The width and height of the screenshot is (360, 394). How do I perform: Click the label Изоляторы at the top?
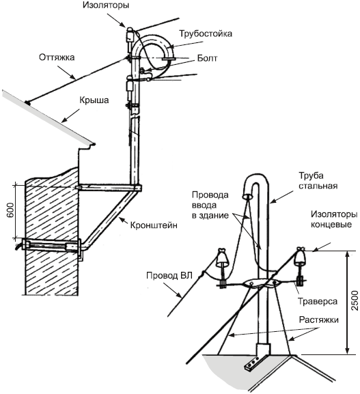click(x=106, y=5)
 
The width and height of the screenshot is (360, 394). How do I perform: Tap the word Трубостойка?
click(x=206, y=33)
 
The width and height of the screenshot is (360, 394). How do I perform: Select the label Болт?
click(x=207, y=58)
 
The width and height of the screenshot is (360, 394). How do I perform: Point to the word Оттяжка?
click(x=57, y=57)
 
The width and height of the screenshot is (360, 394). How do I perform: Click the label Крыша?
click(x=94, y=100)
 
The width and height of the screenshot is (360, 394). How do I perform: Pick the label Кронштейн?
click(x=154, y=225)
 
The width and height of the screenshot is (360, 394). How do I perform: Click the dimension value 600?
click(x=10, y=210)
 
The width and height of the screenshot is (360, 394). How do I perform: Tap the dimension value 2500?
click(x=355, y=300)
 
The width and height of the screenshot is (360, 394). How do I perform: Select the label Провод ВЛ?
click(x=169, y=275)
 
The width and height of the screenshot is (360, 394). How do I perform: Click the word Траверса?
click(x=318, y=301)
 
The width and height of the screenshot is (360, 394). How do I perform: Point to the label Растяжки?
click(x=319, y=320)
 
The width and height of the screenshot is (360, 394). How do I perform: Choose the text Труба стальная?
click(x=318, y=181)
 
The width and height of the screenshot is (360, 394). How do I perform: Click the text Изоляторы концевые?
click(x=334, y=219)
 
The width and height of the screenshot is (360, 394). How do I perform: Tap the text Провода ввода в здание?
click(x=210, y=205)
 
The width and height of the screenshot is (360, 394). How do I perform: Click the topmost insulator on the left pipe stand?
click(x=130, y=36)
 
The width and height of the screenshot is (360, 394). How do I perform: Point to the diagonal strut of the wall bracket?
click(x=110, y=218)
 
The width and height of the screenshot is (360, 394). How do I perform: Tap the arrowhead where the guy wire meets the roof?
click(x=27, y=102)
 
